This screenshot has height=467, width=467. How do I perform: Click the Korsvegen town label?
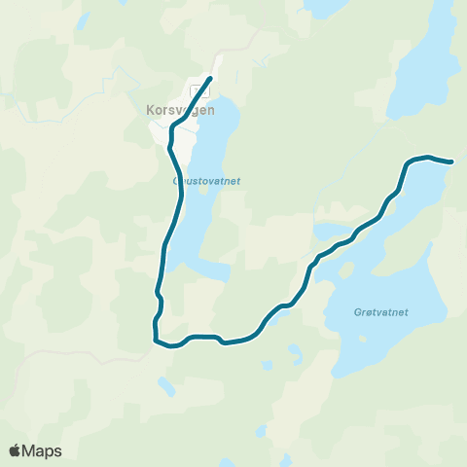176,111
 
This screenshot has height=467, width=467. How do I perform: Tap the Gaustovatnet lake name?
206,180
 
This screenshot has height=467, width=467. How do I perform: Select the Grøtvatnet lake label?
380,312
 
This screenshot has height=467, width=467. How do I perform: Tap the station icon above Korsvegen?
198,90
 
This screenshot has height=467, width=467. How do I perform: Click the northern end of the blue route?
211,77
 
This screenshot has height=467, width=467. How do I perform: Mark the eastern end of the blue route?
452,162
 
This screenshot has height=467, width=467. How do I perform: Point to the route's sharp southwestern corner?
155,340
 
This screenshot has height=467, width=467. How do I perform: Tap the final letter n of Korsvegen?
209,111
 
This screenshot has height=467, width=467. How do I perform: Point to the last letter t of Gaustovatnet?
236,180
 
